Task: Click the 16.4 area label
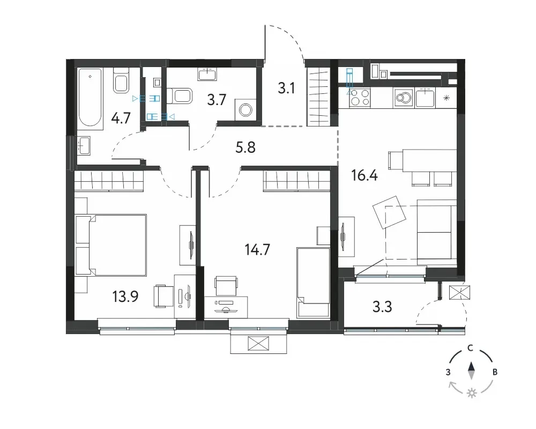[x=364, y=176]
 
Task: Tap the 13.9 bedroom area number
[x=125, y=296]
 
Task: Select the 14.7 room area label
[x=257, y=250]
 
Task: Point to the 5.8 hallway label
[x=245, y=147]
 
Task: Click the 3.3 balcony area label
[x=382, y=307]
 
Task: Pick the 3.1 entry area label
[x=286, y=88]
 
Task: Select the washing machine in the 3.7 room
[x=245, y=110]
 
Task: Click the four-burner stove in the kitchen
[x=360, y=97]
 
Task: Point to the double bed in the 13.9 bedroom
[x=111, y=245]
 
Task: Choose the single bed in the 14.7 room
[x=314, y=283]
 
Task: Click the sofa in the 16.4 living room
[x=437, y=233]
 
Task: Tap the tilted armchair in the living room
[x=389, y=212]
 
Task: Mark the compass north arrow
[x=471, y=371]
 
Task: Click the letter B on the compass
[x=495, y=372]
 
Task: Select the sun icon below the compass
[x=472, y=394]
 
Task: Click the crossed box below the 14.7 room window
[x=258, y=344]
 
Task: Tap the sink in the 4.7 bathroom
[x=84, y=146]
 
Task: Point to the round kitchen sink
[x=404, y=98]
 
